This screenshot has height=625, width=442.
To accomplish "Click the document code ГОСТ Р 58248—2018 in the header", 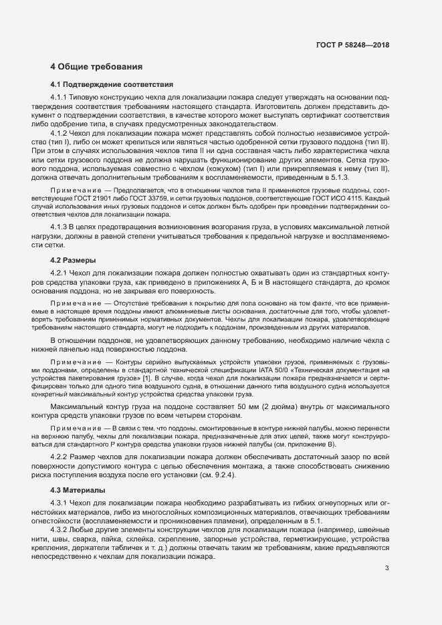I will [x=352, y=45].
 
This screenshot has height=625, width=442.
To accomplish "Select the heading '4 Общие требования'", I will [x=96, y=67].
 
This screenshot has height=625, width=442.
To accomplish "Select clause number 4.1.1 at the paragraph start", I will [x=60, y=98].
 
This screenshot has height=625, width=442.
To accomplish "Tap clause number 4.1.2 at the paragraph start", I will [x=60, y=134].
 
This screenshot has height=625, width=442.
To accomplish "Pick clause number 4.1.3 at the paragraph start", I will [x=60, y=229].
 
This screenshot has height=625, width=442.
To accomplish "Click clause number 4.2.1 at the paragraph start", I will [x=60, y=273].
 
